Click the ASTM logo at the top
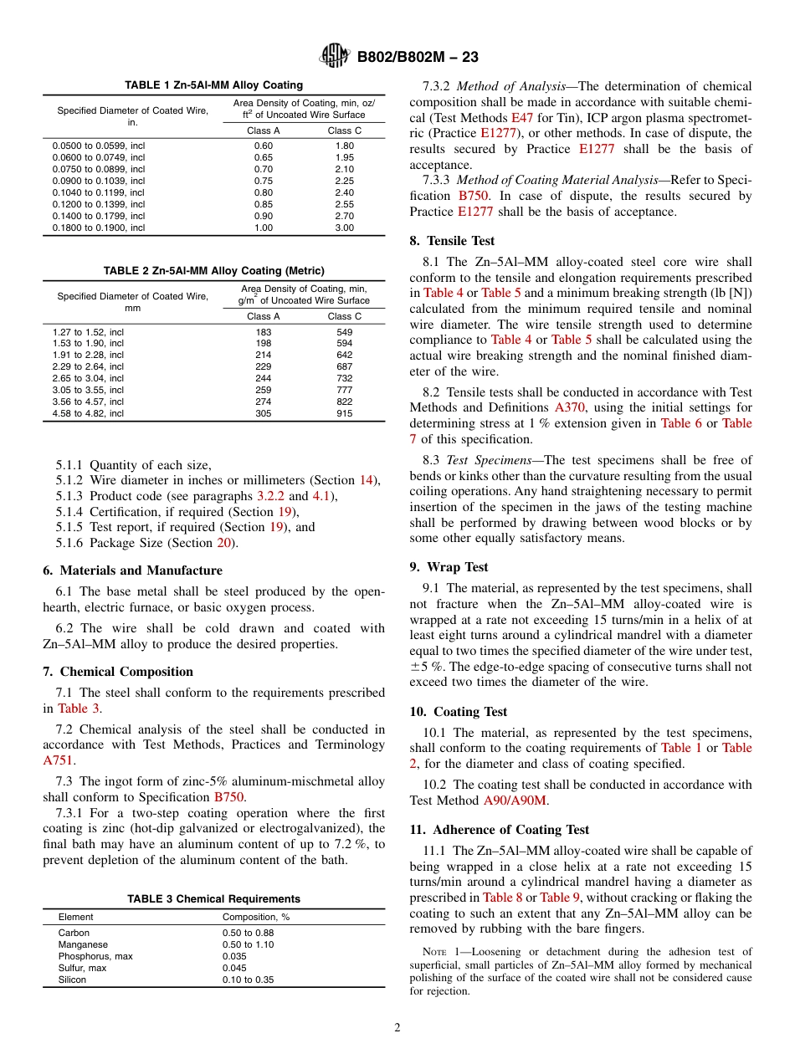tap(335, 57)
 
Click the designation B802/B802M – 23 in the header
tap(418, 57)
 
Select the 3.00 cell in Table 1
tap(344, 228)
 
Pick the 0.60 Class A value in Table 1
tap(263, 146)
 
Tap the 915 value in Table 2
tap(344, 413)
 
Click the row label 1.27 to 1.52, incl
tap(88, 332)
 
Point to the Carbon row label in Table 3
tap(74, 933)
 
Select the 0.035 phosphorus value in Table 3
tap(234, 956)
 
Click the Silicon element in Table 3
tap(72, 980)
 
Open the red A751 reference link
tap(58, 760)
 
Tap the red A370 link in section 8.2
tap(571, 407)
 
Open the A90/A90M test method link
tap(515, 801)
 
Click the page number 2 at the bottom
tap(397, 1028)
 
